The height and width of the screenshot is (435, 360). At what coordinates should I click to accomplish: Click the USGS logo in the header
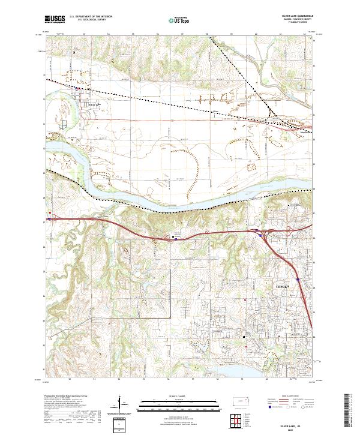click(x=55, y=19)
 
